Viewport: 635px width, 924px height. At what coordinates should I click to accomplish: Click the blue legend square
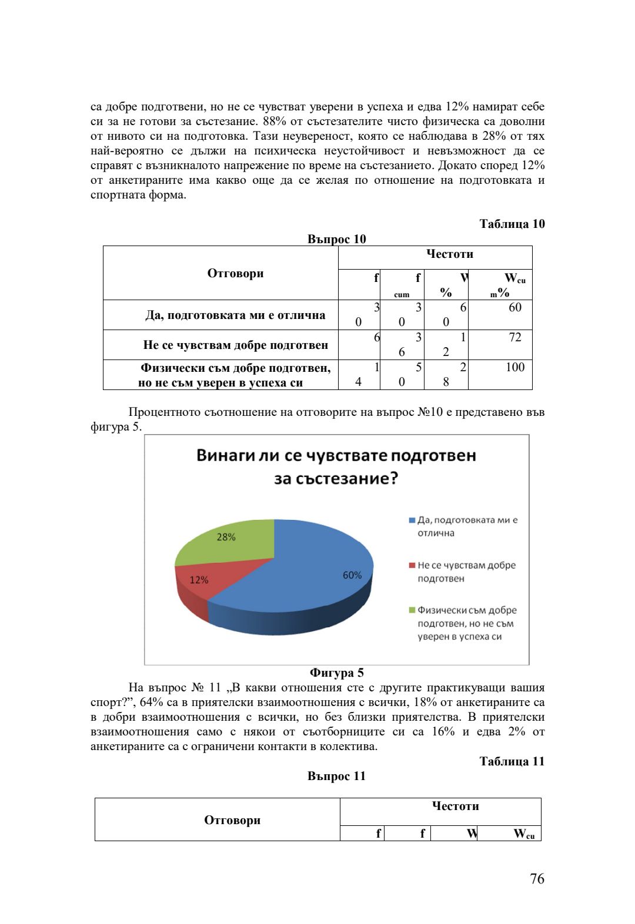pyautogui.click(x=412, y=520)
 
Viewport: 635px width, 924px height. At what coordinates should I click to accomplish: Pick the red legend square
pyautogui.click(x=412, y=566)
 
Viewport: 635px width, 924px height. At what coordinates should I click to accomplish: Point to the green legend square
pyautogui.click(x=412, y=610)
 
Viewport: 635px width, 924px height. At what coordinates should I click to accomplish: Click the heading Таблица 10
pyautogui.click(x=512, y=224)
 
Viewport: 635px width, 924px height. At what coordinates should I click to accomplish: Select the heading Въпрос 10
pyautogui.click(x=336, y=239)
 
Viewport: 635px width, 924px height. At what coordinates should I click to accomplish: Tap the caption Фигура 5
pyautogui.click(x=336, y=673)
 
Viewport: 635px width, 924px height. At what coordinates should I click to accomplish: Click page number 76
pyautogui.click(x=537, y=879)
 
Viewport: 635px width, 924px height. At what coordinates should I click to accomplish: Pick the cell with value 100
pyautogui.click(x=514, y=368)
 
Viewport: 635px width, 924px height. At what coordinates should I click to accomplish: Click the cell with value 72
pyautogui.click(x=514, y=338)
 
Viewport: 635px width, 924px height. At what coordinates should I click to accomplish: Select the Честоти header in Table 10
pyautogui.click(x=449, y=254)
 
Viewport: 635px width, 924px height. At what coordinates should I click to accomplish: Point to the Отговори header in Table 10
pyautogui.click(x=235, y=273)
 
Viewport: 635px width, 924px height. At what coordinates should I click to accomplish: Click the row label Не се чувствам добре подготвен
pyautogui.click(x=235, y=345)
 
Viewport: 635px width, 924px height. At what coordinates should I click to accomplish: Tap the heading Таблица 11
pyautogui.click(x=512, y=761)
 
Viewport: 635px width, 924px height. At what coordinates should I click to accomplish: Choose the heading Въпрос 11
pyautogui.click(x=336, y=776)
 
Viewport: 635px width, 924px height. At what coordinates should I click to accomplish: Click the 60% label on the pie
pyautogui.click(x=352, y=575)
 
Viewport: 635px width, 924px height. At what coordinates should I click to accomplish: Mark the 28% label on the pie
pyautogui.click(x=226, y=537)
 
